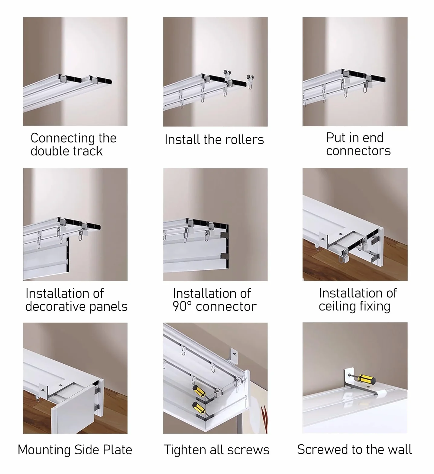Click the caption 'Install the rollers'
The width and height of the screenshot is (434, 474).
(x=214, y=140)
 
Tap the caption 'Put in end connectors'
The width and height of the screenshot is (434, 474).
(x=358, y=144)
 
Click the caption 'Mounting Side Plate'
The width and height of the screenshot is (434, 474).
(x=75, y=450)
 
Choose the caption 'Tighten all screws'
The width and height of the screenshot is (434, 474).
(x=216, y=450)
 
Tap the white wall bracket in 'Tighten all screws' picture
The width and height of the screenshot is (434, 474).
(x=234, y=355)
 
